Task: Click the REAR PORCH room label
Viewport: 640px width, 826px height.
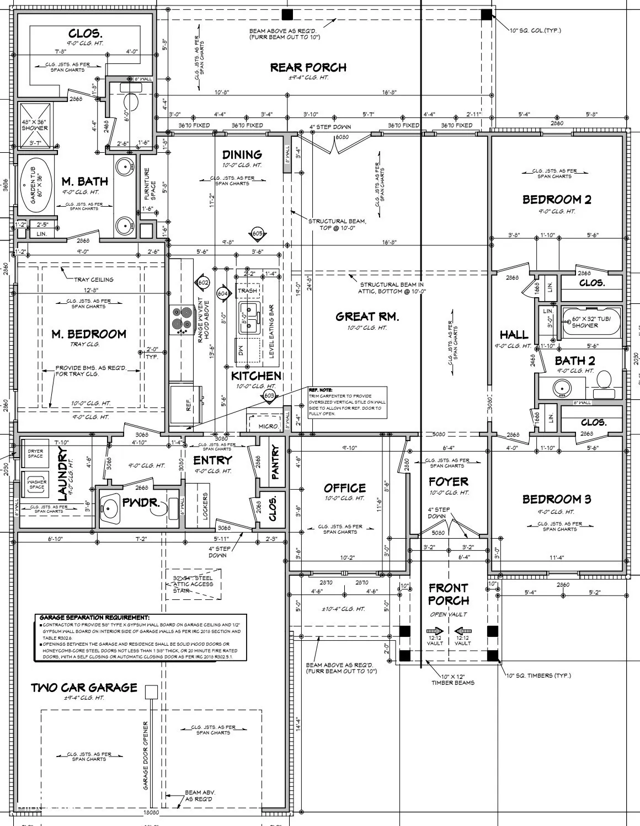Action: click(308, 67)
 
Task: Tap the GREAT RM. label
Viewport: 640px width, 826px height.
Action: click(367, 317)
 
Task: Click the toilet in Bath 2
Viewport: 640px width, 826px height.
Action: click(604, 379)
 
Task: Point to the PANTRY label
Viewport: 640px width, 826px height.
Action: click(275, 462)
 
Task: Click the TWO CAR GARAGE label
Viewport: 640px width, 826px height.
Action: click(84, 688)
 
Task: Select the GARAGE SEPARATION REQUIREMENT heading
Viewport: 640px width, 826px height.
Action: click(94, 618)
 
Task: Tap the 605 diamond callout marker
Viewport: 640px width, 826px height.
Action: click(257, 234)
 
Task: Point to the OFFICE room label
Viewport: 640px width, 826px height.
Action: click(344, 488)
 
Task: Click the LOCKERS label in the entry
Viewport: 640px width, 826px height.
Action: click(206, 507)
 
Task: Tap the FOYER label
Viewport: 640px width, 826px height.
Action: click(448, 482)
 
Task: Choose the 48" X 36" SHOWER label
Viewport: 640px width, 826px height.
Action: click(35, 125)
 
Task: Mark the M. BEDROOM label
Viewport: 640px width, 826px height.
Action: click(89, 334)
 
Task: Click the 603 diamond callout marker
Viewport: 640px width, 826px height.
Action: click(269, 395)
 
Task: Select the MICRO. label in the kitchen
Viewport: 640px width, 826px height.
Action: click(268, 426)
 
